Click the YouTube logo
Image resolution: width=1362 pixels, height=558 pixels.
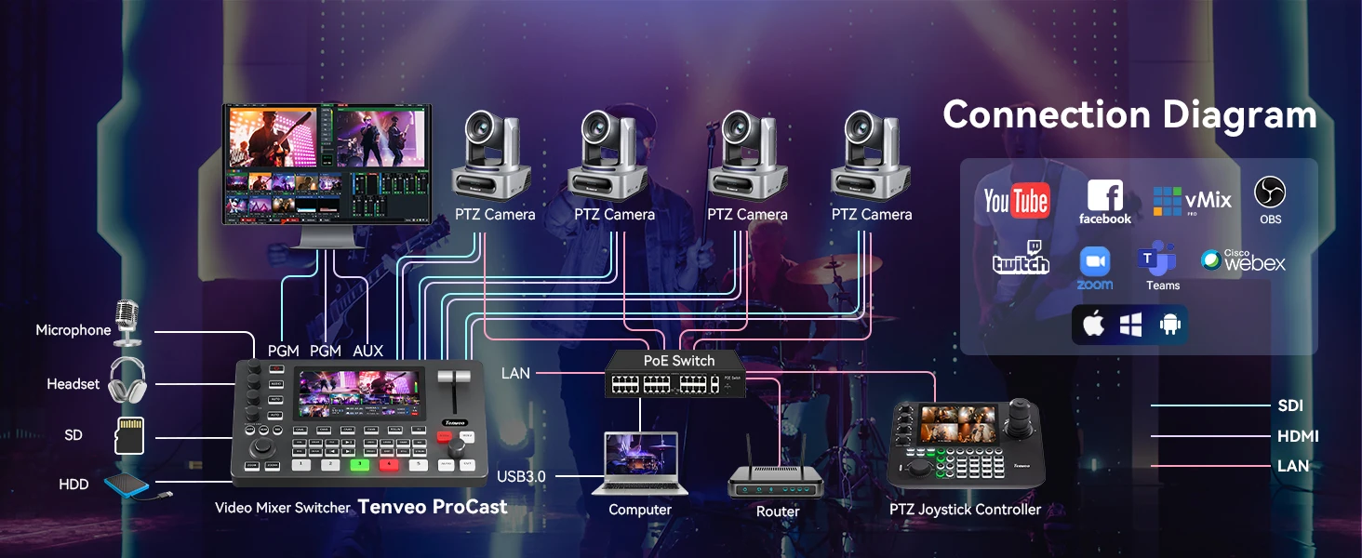click(1017, 200)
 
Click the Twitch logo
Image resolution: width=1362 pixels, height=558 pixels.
click(1021, 259)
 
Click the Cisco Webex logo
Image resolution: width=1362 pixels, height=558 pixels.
click(1243, 260)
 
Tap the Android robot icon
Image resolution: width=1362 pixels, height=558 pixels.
click(1169, 325)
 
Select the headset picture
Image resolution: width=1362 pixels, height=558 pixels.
click(127, 380)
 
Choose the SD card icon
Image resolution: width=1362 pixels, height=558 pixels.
click(128, 434)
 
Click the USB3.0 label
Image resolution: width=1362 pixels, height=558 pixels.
click(522, 476)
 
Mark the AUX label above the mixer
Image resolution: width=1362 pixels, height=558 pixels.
click(368, 351)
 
